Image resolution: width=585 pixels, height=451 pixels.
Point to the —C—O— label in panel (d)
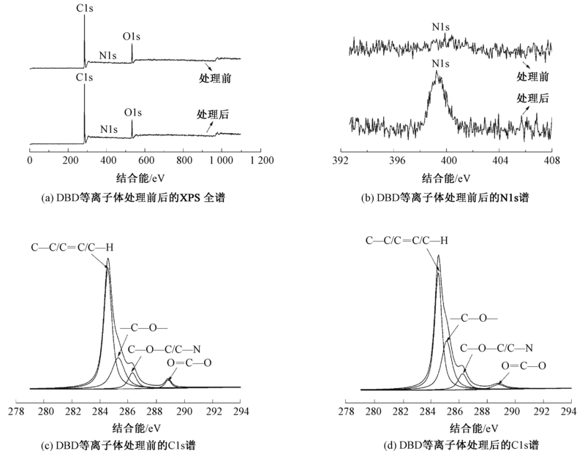(x=474, y=318)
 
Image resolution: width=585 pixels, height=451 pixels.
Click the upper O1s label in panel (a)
(x=132, y=34)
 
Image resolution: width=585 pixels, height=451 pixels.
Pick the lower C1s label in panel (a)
(x=84, y=77)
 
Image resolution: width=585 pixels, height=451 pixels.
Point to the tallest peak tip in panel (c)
(x=108, y=259)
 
